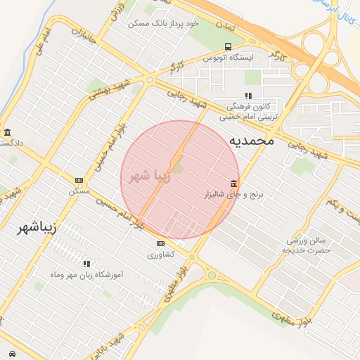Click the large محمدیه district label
pyautogui.click(x=250, y=141)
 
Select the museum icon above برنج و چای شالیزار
pyautogui.click(x=233, y=183)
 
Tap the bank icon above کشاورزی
pyautogui.click(x=161, y=244)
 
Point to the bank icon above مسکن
pyautogui.click(x=79, y=181)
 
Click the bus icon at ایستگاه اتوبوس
pyautogui.click(x=226, y=46)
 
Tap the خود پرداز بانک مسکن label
pyautogui.click(x=163, y=23)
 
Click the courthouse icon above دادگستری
pyautogui.click(x=7, y=132)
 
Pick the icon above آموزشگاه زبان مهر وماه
pyautogui.click(x=86, y=264)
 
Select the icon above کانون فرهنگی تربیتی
pyautogui.click(x=247, y=96)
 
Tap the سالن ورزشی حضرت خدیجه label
pyautogui.click(x=306, y=245)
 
